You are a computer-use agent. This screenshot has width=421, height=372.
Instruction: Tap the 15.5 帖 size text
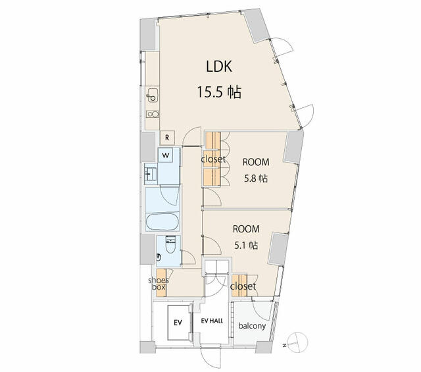coord(218,92)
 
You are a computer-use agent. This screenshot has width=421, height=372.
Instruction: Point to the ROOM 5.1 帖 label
coord(246,237)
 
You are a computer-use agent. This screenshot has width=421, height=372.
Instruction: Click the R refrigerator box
coord(168,138)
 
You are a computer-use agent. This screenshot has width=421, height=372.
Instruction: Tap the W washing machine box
coord(166,155)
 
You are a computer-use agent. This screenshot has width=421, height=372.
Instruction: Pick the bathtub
coord(161,221)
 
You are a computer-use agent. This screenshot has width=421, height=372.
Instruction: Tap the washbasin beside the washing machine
coord(151,174)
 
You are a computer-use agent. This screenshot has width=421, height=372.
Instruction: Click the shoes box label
coord(159,284)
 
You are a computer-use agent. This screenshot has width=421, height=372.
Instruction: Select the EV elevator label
coord(178,323)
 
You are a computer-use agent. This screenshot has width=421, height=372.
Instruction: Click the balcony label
coord(252,326)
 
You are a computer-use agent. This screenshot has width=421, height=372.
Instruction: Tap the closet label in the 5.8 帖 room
coord(214,159)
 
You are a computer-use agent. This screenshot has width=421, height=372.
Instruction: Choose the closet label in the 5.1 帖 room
coord(243,286)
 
